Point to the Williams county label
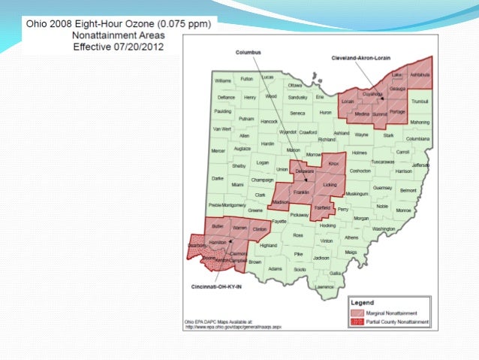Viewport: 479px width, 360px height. point(223,80)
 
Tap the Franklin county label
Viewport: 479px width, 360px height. point(301,192)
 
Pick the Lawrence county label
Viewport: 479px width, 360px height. point(324,286)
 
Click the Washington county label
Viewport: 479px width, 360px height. point(383,228)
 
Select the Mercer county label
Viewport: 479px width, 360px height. point(218,150)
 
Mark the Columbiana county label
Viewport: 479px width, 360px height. point(418,139)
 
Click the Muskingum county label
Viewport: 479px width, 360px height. point(357,193)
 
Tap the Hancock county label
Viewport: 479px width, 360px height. point(269,121)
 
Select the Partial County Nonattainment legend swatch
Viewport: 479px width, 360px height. point(355,321)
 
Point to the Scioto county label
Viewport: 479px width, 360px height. point(300,268)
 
